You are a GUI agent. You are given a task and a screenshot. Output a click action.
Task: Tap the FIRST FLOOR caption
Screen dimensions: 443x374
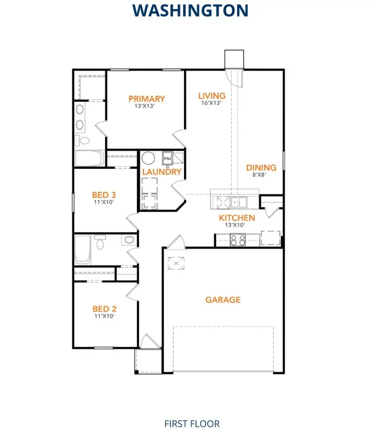click(x=192, y=424)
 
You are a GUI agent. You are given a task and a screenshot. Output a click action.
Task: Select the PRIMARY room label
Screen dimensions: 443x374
click(x=146, y=99)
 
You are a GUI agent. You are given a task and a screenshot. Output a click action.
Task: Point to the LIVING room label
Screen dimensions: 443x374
click(x=212, y=96)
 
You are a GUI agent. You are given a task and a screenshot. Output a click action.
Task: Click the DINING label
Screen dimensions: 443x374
click(x=261, y=168)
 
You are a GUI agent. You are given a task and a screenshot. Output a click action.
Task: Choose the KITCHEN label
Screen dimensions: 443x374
click(x=237, y=218)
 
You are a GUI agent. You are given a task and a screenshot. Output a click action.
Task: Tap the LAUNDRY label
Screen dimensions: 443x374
click(x=161, y=172)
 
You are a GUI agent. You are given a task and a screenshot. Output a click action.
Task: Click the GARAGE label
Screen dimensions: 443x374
click(x=223, y=300)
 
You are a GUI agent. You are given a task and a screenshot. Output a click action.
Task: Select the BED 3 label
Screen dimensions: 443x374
click(x=104, y=194)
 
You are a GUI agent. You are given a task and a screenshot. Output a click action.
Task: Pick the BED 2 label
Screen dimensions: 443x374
click(x=104, y=309)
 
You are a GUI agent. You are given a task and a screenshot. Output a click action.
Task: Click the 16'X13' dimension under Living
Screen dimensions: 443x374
click(x=211, y=103)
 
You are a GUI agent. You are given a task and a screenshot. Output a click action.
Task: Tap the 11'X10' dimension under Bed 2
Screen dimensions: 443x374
click(x=104, y=316)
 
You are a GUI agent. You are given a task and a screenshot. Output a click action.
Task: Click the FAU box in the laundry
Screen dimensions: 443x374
click(x=167, y=159)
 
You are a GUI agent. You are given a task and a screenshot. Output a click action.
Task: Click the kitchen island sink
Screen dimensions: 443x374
click(x=238, y=202)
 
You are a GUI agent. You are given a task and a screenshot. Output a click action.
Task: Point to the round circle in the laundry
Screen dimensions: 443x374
click(x=148, y=158)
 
